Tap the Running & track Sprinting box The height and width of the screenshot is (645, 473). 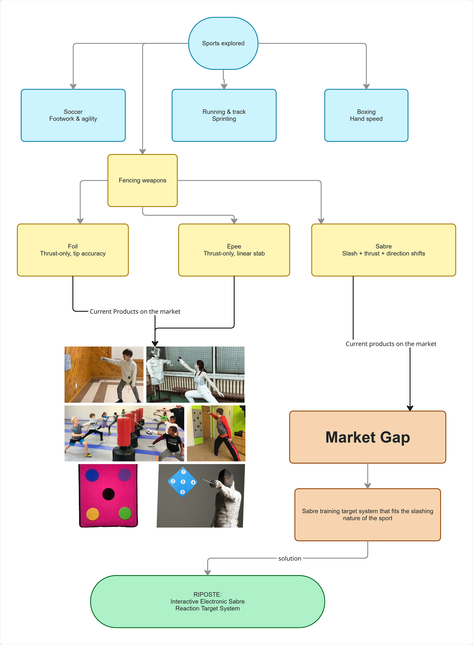pos(224,115)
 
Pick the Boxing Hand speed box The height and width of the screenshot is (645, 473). pos(366,115)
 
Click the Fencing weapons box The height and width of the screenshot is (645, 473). pos(143,180)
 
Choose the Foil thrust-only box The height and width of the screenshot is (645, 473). pos(73,250)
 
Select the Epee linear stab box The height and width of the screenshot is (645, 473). pos(234,250)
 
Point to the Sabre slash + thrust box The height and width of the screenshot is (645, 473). pos(383,250)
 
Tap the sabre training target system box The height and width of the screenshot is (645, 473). pos(368,515)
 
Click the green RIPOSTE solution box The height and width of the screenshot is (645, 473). pos(208,601)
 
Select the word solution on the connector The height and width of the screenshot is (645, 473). pos(290,558)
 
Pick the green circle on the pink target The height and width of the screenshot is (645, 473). pos(125,513)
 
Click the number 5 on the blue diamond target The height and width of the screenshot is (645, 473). pos(183,482)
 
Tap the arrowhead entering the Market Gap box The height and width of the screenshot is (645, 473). pos(410,408)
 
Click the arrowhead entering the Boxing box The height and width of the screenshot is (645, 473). pos(366,86)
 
